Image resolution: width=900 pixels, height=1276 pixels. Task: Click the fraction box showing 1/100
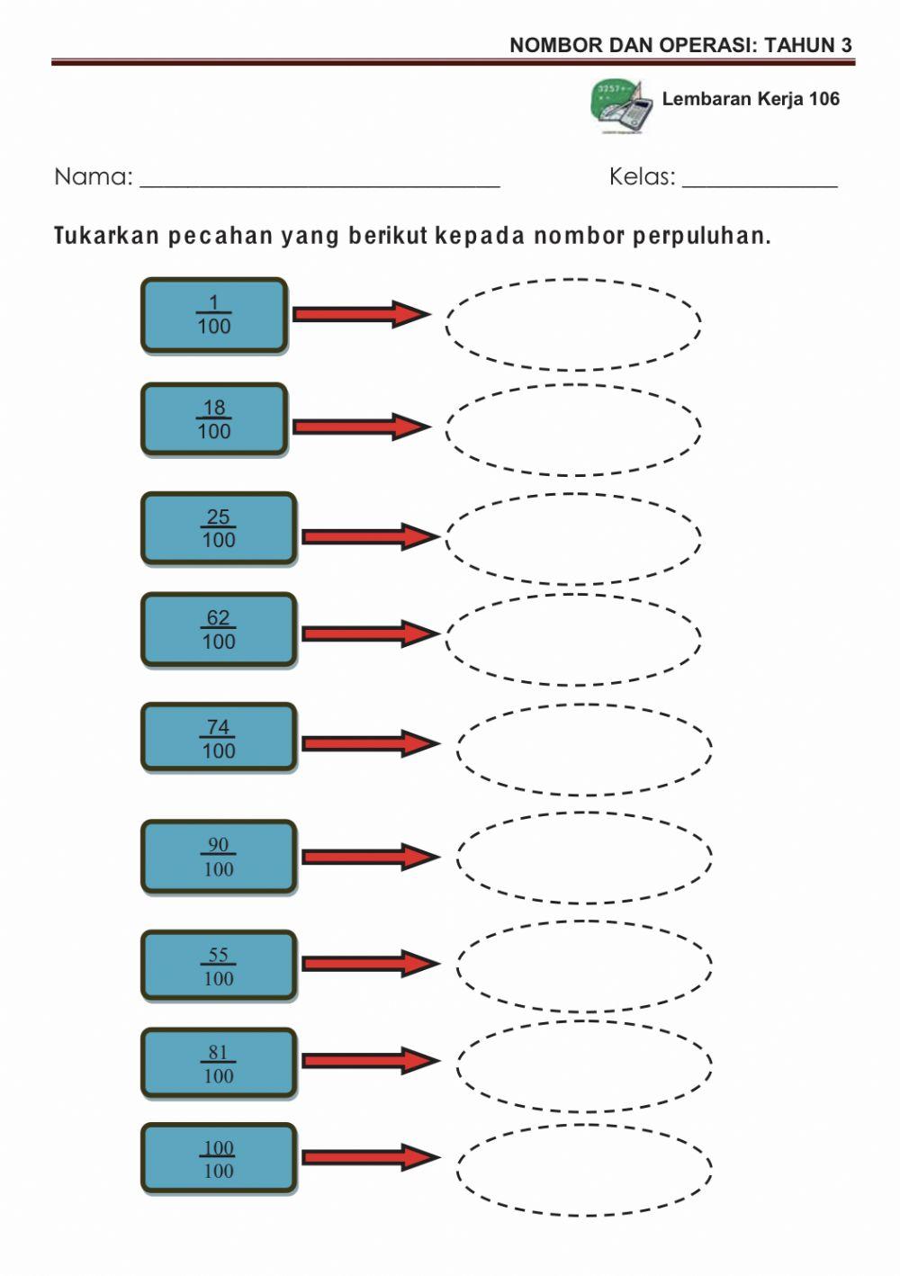click(x=214, y=315)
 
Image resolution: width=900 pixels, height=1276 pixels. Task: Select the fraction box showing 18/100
click(x=214, y=419)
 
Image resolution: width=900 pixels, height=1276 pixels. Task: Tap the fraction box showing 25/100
click(x=219, y=528)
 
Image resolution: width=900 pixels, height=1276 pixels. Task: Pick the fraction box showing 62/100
click(x=219, y=630)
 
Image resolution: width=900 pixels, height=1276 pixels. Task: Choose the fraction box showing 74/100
click(x=219, y=739)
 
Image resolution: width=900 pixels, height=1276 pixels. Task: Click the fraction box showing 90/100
click(x=219, y=857)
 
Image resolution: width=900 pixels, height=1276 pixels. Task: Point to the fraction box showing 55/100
click(x=219, y=966)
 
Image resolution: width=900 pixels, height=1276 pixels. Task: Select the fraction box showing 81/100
click(x=219, y=1064)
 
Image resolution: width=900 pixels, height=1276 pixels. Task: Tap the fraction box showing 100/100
click(x=219, y=1159)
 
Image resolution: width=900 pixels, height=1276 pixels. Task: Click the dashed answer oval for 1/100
click(x=573, y=324)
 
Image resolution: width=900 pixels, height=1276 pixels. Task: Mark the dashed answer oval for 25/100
click(x=573, y=538)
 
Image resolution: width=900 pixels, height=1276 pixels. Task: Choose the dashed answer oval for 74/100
click(x=584, y=750)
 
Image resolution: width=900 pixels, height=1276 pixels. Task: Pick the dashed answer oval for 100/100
click(x=584, y=1170)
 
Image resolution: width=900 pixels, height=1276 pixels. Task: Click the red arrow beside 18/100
click(x=361, y=427)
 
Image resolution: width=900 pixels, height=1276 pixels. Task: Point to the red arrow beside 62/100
click(x=370, y=634)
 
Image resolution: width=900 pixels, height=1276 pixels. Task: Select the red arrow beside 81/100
click(x=370, y=1061)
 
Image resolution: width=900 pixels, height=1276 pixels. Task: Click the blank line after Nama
click(x=319, y=179)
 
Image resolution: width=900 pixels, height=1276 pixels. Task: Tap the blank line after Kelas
click(x=760, y=179)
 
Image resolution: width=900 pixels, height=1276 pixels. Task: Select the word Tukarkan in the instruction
click(x=107, y=237)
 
